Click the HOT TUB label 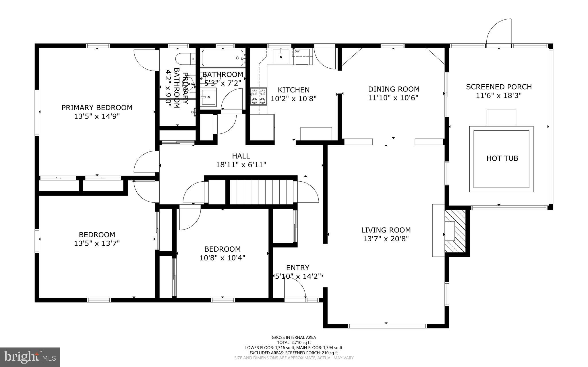(502, 158)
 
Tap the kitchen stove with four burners (258, 97)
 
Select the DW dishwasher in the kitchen (301, 57)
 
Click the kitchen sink (281, 56)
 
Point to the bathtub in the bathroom (223, 58)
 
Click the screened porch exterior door (499, 32)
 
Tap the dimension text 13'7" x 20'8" (386, 239)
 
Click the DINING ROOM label (394, 89)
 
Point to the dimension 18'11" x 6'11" (241, 165)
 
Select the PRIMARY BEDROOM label (97, 108)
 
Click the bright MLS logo (30, 357)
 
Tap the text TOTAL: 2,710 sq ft (294, 342)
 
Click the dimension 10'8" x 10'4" (222, 258)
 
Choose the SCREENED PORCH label (499, 87)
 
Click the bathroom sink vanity (208, 97)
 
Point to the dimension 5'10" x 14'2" (298, 276)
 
